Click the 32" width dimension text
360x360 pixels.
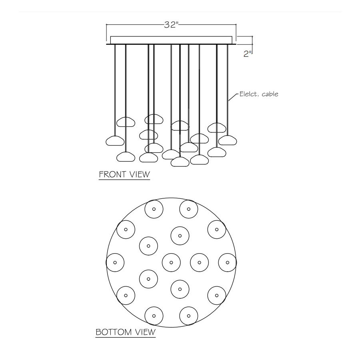pos(171,25)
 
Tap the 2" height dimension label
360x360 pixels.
pos(248,54)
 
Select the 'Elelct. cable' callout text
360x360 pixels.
pos(259,94)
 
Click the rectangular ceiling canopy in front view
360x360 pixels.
pos(171,40)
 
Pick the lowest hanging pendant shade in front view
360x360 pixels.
pos(180,162)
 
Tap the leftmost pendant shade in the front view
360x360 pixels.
pos(115,141)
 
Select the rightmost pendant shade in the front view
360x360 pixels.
pos(228,140)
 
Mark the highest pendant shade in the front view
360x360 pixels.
pos(154,119)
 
